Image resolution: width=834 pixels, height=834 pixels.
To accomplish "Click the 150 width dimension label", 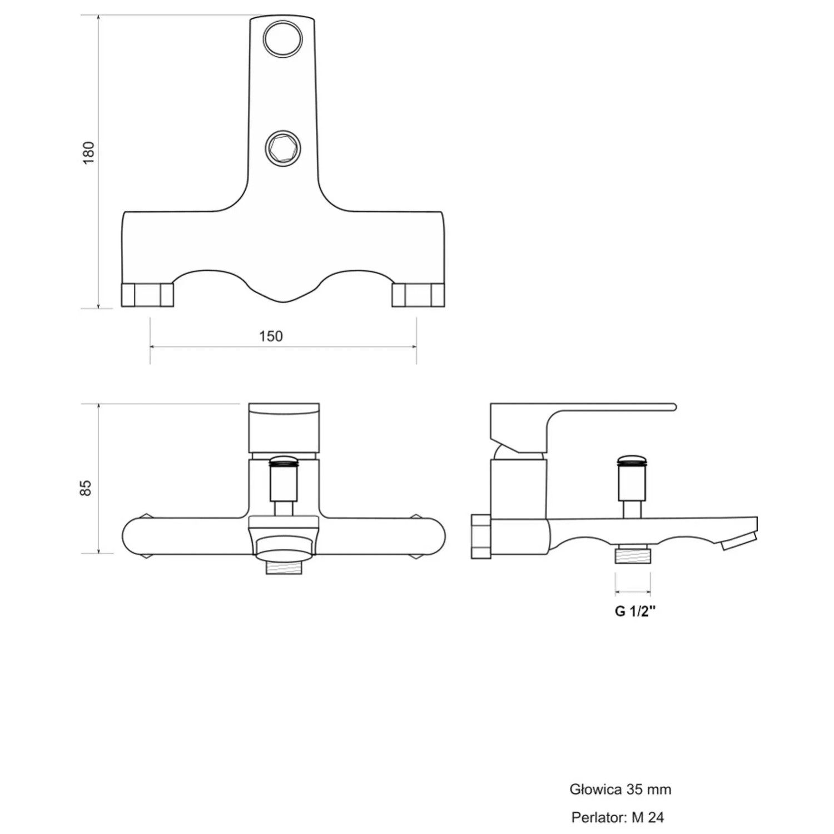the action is (271, 336).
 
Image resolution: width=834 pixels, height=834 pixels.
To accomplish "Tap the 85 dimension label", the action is (86, 488).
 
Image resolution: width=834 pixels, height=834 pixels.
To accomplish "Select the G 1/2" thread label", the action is (635, 611).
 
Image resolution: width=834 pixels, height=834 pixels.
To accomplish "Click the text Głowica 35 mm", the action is (620, 789).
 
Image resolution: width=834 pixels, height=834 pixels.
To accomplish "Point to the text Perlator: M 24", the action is (617, 817).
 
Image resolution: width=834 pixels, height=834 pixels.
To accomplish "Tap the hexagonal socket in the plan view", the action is (283, 148).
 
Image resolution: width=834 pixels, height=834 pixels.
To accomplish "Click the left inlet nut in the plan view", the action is (147, 295).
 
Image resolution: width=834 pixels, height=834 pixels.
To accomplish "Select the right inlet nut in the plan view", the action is (418, 295).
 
